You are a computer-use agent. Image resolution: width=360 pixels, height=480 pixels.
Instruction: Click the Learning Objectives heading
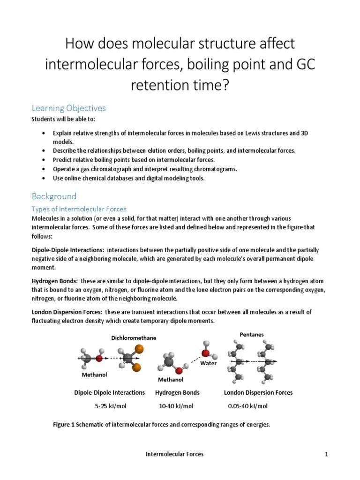pos(68,108)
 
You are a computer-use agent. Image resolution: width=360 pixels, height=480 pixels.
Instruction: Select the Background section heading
pos(53,196)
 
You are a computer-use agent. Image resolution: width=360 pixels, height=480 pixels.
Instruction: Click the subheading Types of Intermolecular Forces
pos(79,209)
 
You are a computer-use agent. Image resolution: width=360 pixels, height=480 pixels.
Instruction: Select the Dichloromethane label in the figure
pos(134,338)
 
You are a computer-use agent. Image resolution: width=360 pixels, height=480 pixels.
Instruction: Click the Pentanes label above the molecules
pos(252,334)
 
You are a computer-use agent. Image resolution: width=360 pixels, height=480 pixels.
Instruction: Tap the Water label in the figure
pos(208,363)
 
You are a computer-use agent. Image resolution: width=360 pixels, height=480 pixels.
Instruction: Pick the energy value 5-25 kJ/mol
pos(109,406)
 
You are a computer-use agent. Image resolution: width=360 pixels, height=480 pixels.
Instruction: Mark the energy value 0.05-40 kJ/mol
pos(247,406)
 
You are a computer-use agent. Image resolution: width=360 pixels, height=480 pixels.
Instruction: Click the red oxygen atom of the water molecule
pos(206,352)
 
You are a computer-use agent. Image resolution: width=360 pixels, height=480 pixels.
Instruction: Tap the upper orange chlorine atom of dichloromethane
pos(139,349)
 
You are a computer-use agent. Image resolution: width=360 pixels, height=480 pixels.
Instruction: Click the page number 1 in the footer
pos(326,454)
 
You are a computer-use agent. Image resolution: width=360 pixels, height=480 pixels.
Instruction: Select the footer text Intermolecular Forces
pos(174,454)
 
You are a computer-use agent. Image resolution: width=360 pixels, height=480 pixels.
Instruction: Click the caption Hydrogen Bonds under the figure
pos(177,392)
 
